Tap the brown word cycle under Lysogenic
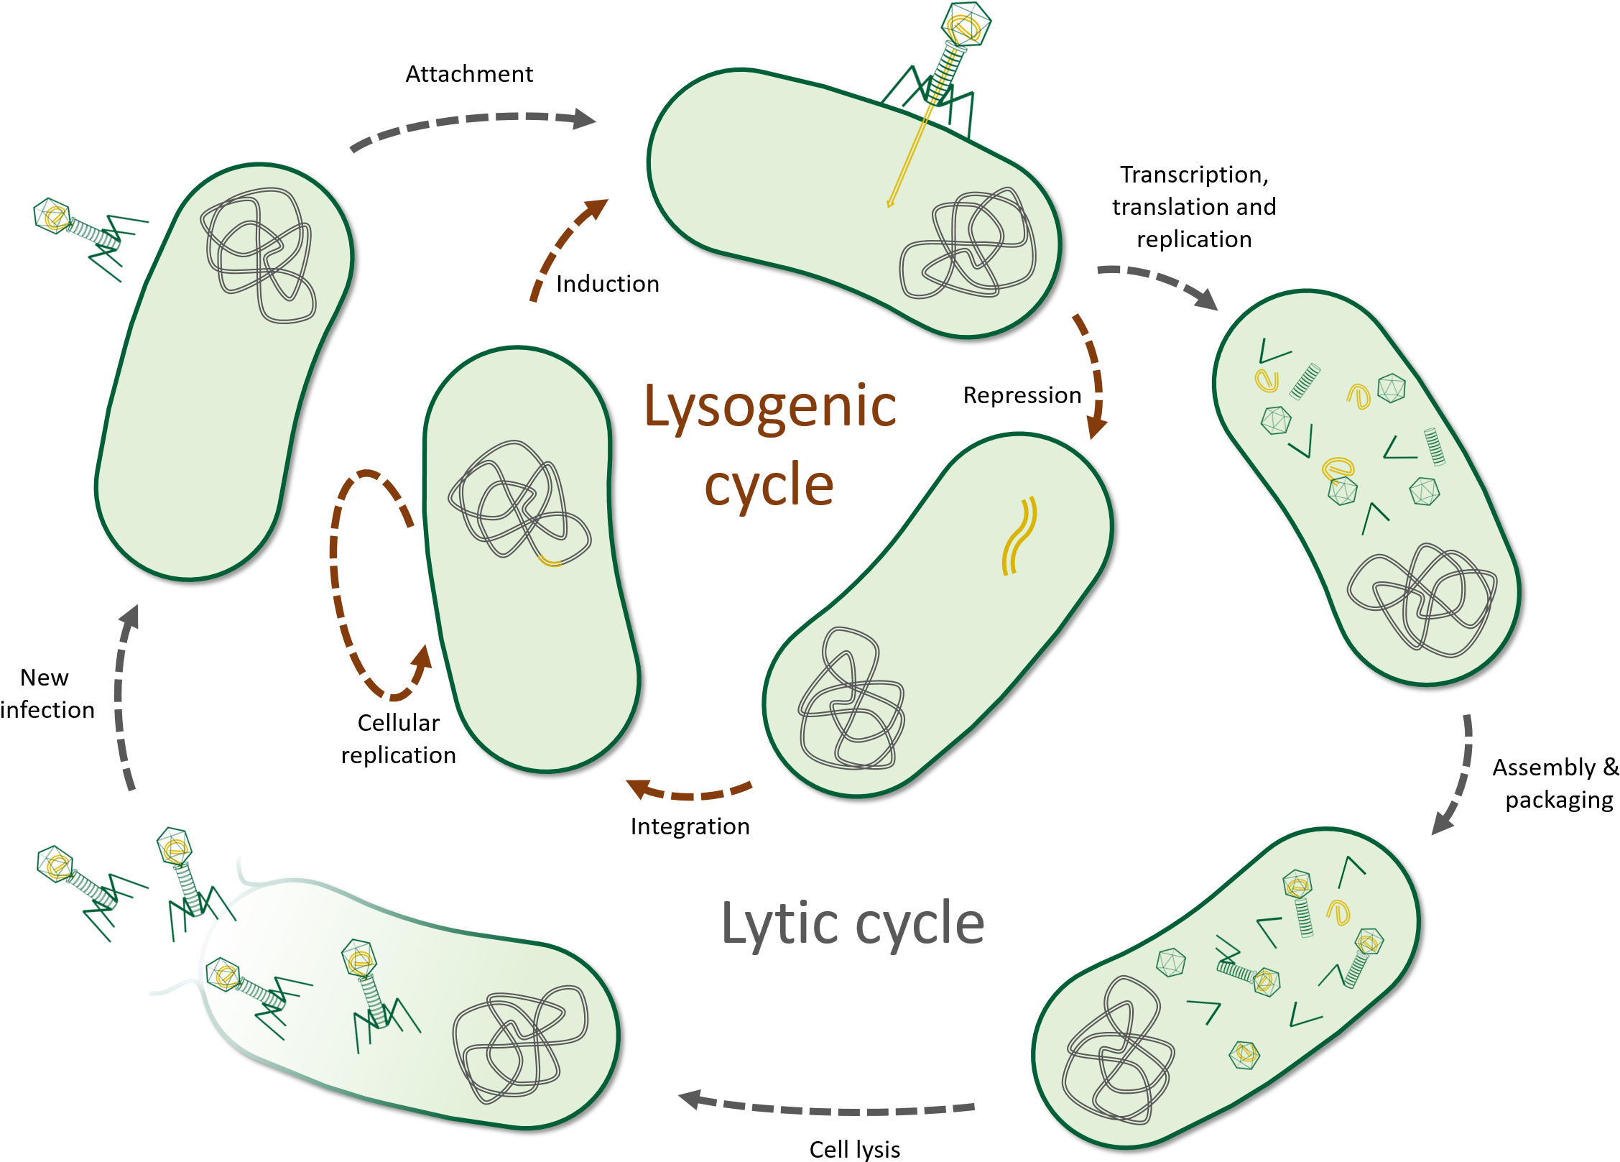pyautogui.click(x=769, y=486)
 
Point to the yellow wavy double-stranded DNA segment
pyautogui.click(x=1019, y=536)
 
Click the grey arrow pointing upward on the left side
pyautogui.click(x=124, y=697)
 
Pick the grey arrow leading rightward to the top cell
pyautogui.click(x=474, y=124)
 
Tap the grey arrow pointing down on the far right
pyautogui.click(x=1458, y=776)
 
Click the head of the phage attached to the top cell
pyautogui.click(x=966, y=26)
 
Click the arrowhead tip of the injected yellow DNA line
pyautogui.click(x=889, y=206)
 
